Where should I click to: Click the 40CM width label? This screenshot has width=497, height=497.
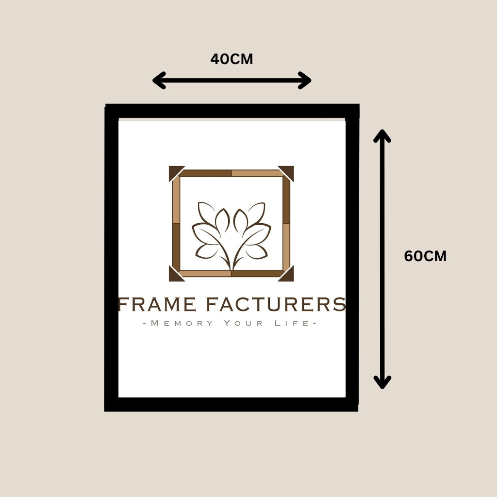pos(232,59)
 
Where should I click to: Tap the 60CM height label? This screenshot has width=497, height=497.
pos(425,256)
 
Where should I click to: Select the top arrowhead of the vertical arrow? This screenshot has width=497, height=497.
pos(382,136)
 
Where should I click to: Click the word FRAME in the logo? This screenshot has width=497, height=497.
pos(157,305)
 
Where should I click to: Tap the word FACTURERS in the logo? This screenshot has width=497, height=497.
pos(275,305)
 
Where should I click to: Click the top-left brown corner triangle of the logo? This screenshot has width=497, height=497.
pos(174,171)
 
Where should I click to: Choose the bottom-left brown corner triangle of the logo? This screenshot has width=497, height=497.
pos(174,276)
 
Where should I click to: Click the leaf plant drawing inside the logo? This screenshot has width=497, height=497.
pos(232,233)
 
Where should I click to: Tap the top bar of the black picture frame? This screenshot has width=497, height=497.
pos(232,111)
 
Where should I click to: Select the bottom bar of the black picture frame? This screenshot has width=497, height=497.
pos(232,404)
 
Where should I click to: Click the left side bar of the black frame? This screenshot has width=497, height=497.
pos(112,257)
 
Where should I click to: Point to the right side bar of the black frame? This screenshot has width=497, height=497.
pos(352,257)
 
